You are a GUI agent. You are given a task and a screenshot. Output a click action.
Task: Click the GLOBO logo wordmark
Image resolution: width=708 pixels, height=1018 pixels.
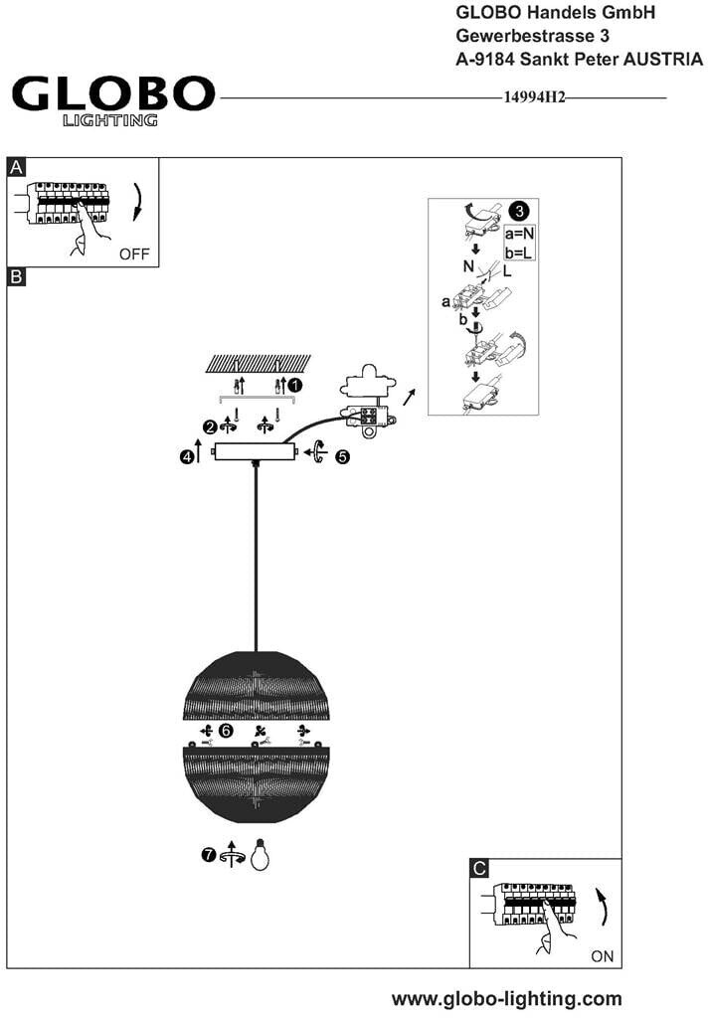point(113,94)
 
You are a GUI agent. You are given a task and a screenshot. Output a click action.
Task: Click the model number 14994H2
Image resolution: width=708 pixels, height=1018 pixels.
point(535,97)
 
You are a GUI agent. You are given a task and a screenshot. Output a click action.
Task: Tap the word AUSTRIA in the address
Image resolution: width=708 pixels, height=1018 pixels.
point(663,59)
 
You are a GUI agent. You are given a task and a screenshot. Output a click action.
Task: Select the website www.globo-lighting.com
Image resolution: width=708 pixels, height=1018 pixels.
point(507,998)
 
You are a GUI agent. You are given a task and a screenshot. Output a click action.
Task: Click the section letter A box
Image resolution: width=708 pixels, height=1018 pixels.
point(16,167)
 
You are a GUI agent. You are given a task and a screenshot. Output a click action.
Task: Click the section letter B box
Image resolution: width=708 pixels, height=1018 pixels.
point(16,276)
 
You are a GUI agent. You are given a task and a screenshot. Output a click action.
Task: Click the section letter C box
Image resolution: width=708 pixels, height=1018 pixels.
point(479,868)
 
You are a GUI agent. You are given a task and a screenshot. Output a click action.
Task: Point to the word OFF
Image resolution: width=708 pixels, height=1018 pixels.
point(134,254)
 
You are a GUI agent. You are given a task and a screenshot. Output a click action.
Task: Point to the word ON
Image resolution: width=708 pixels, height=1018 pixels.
point(603,955)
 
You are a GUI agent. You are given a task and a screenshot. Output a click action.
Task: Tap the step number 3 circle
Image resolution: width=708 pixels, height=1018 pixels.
point(519,211)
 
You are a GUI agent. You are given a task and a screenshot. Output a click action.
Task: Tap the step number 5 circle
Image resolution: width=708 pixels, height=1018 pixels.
point(342,456)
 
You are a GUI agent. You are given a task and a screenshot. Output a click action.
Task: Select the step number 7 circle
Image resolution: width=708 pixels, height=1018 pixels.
point(209,854)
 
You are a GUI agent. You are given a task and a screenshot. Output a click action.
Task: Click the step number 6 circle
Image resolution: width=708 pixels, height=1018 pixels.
point(226,731)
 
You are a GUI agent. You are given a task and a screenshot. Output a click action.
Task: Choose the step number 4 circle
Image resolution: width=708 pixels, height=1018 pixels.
point(186,456)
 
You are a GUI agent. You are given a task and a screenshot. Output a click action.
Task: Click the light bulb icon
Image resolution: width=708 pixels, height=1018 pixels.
point(260,854)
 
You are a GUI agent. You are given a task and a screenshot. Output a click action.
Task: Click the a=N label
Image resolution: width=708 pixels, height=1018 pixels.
point(520,233)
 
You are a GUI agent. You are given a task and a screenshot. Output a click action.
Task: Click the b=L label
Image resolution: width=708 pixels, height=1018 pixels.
point(519,252)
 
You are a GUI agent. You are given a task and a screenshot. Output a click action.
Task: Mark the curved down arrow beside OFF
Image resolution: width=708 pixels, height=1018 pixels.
point(137,202)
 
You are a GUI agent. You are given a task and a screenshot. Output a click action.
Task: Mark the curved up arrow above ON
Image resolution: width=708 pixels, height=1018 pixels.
point(603,907)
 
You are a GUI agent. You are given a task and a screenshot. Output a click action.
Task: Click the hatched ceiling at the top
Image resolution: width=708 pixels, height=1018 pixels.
point(258,364)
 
